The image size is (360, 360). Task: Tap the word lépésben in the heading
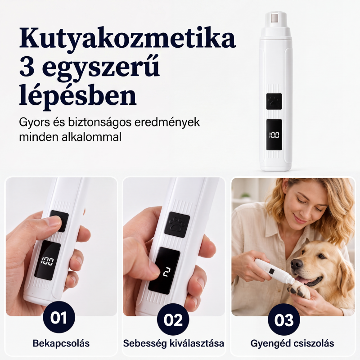(x=78, y=95)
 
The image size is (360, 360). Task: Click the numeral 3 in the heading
(x=27, y=67)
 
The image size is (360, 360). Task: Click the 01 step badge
(x=59, y=317)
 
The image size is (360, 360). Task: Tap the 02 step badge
(x=173, y=319)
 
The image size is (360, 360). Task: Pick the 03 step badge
(x=284, y=319)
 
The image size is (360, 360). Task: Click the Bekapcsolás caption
(x=61, y=343)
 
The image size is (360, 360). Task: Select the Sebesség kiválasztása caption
(x=174, y=343)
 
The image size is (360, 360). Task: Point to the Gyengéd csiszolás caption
(x=292, y=343)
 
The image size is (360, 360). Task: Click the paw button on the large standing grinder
(x=274, y=101)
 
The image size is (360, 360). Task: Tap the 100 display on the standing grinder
(x=274, y=135)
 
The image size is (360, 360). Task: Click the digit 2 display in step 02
(x=164, y=271)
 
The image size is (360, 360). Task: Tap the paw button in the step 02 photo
(x=177, y=225)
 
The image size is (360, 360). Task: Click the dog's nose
(x=297, y=264)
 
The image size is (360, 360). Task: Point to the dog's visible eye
(x=321, y=256)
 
